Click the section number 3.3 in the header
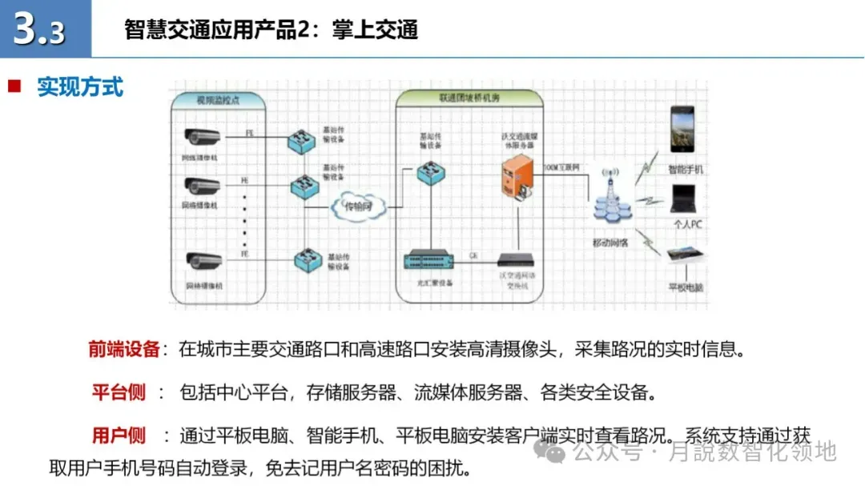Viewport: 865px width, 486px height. pos(40,30)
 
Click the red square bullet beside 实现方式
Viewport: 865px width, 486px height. pos(14,86)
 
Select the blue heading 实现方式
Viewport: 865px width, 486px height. pos(80,86)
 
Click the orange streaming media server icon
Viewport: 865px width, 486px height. pos(516,177)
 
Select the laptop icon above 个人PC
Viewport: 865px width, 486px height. pos(686,198)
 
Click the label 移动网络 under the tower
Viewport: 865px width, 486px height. pos(611,243)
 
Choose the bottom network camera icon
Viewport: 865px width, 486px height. pos(202,261)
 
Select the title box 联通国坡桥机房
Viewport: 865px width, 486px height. pos(469,98)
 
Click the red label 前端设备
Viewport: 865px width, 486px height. pos(124,349)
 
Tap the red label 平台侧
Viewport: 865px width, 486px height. pos(119,392)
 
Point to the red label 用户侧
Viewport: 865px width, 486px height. pos(119,436)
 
